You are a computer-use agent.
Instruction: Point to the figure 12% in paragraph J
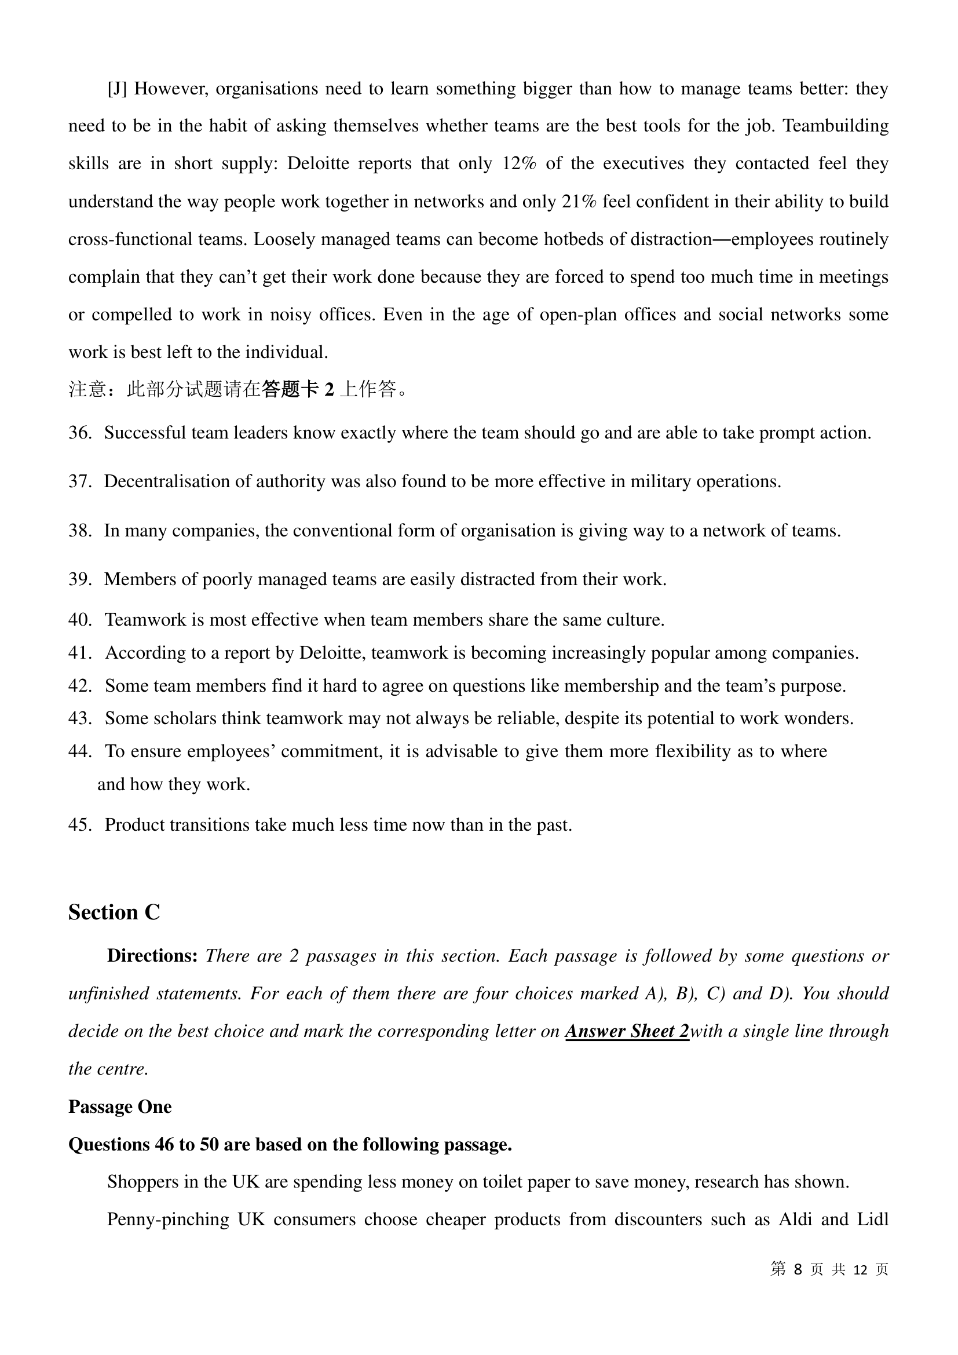[519, 163]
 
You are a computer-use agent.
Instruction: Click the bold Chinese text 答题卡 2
[298, 389]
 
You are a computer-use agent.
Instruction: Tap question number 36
[79, 433]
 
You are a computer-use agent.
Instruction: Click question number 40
[79, 620]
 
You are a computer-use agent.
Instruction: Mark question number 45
[79, 825]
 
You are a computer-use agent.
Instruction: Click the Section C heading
[114, 912]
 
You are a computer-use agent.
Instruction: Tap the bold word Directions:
[152, 956]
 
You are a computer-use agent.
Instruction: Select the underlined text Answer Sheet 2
[627, 1032]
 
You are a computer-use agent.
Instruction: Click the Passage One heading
[120, 1107]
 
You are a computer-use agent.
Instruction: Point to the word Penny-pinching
[167, 1220]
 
